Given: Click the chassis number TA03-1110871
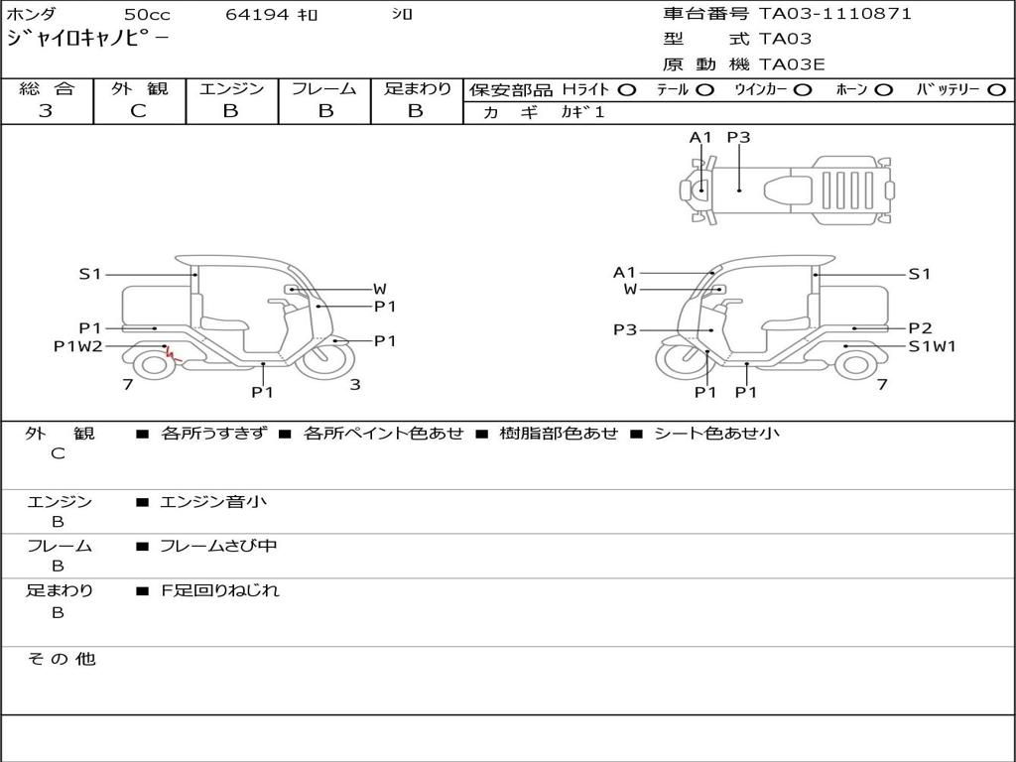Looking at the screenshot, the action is tap(834, 14).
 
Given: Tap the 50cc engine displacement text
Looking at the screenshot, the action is tap(146, 15).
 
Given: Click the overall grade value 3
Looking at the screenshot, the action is tap(46, 111).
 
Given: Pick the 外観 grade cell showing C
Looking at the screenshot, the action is tap(138, 111).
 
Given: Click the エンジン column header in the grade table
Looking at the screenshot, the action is tap(231, 88).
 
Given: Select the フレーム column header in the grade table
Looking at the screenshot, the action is tap(324, 88).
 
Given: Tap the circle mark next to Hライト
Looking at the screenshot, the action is tap(626, 89).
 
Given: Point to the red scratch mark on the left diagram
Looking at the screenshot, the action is tap(171, 353).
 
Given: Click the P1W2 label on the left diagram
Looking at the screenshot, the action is tap(77, 346).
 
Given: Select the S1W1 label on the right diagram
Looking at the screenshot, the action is tap(933, 346).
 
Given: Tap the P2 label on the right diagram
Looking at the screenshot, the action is tap(920, 328).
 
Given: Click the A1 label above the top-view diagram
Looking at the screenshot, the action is tap(701, 138).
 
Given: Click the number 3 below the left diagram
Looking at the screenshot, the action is tap(354, 385).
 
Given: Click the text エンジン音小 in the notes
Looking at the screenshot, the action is tap(213, 502).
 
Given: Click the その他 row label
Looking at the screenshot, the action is tap(61, 659).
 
